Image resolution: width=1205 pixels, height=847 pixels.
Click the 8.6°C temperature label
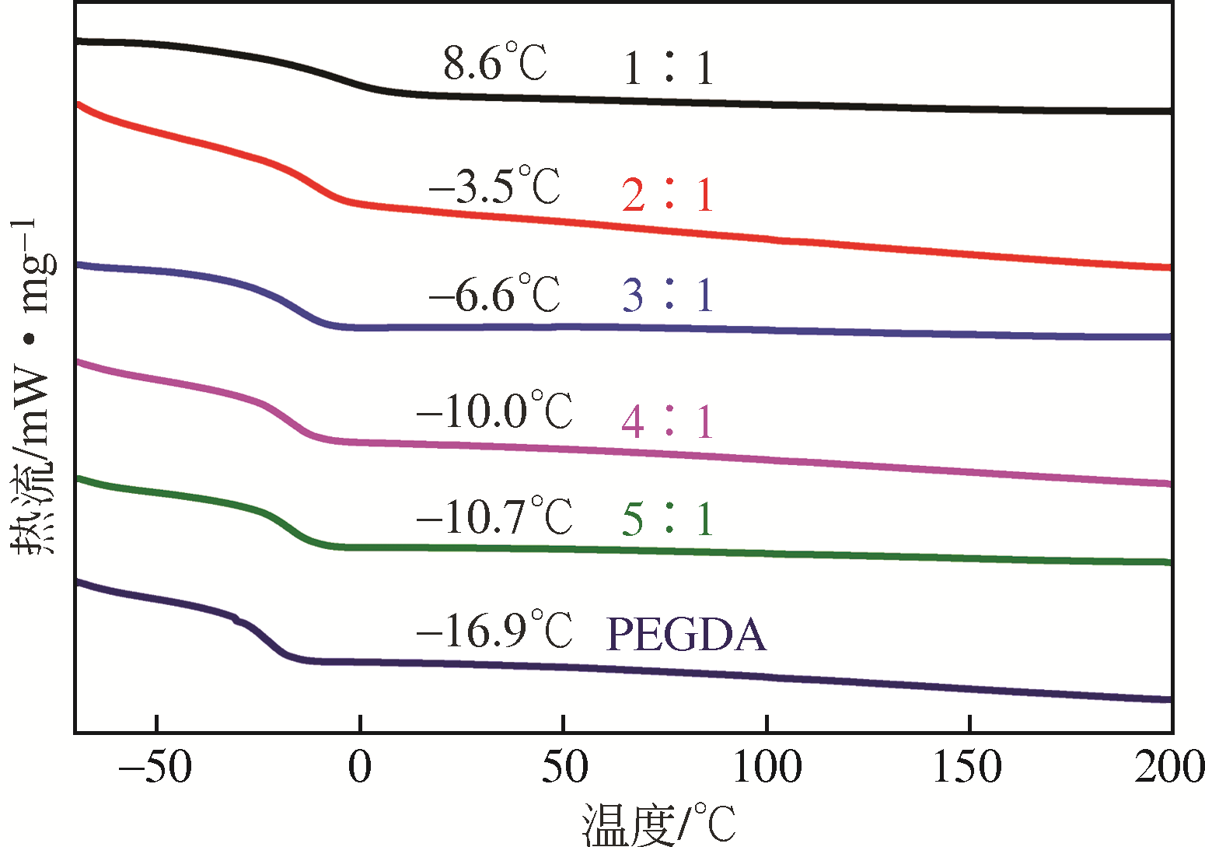pyautogui.click(x=495, y=63)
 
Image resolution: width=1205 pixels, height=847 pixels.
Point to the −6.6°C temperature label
pyautogui.click(x=494, y=294)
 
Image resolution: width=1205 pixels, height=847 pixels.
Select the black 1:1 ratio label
pyautogui.click(x=668, y=68)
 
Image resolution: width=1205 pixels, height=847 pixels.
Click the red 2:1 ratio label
pyautogui.click(x=668, y=194)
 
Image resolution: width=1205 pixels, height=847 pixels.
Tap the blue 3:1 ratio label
pyautogui.click(x=668, y=296)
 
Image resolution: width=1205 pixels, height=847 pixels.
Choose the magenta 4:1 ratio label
pyautogui.click(x=668, y=422)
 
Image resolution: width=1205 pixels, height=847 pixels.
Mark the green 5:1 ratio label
pyautogui.click(x=668, y=519)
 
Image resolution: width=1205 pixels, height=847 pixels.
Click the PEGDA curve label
pyautogui.click(x=686, y=635)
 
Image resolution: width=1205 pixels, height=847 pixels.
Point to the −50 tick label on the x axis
pyautogui.click(x=155, y=768)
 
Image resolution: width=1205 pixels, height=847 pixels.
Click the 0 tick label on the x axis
pyautogui.click(x=360, y=768)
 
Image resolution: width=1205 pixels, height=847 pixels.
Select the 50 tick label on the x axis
pyautogui.click(x=564, y=768)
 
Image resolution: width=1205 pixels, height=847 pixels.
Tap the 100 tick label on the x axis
pyautogui.click(x=767, y=768)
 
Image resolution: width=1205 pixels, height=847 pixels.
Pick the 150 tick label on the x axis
pyautogui.click(x=969, y=768)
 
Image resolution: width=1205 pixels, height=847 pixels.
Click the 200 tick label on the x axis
pyautogui.click(x=1168, y=768)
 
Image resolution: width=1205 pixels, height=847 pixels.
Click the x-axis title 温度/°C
pyautogui.click(x=658, y=824)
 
